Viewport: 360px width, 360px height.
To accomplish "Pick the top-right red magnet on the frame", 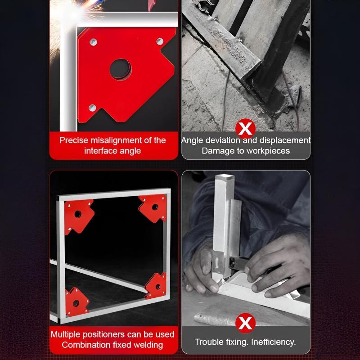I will coord(153,207).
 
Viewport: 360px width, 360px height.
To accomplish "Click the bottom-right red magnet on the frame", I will coord(156,284).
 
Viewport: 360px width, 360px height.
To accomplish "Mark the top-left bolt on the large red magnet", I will coord(92,42).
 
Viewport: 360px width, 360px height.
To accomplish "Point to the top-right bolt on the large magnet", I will coord(159,41).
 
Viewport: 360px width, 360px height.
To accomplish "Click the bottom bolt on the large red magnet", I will coord(92,107).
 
